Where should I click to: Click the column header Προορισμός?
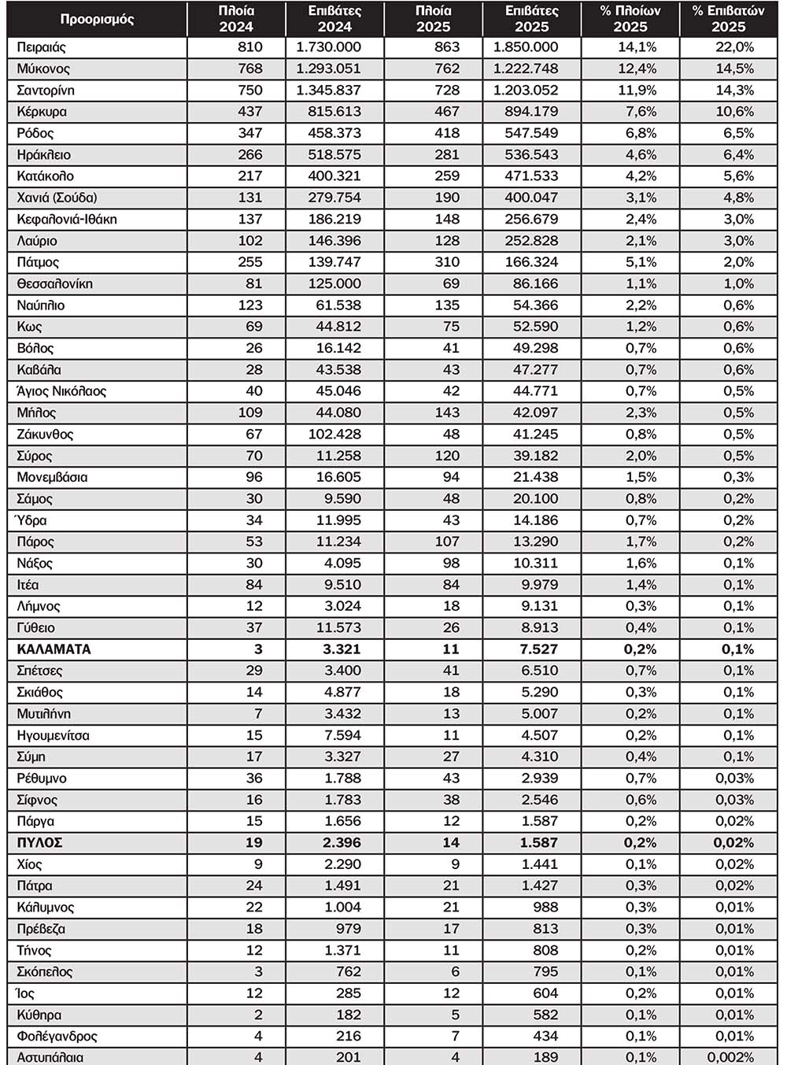point(97,19)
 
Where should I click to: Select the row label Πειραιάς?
point(42,47)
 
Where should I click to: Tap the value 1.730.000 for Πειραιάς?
point(329,47)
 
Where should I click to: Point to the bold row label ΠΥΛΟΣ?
point(40,843)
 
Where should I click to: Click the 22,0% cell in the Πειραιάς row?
point(733,47)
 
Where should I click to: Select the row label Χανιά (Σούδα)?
point(57,198)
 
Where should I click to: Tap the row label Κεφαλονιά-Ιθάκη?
point(67,220)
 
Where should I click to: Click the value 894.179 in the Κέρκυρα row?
point(531,112)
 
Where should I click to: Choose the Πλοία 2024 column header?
point(236,19)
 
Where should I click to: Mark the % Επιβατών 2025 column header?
point(728,19)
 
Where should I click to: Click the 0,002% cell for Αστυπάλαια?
point(730,1057)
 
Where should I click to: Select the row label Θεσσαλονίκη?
point(55,284)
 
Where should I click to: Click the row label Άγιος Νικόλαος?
point(61,391)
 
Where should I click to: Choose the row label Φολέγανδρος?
point(57,1037)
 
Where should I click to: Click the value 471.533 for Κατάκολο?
point(531,176)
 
